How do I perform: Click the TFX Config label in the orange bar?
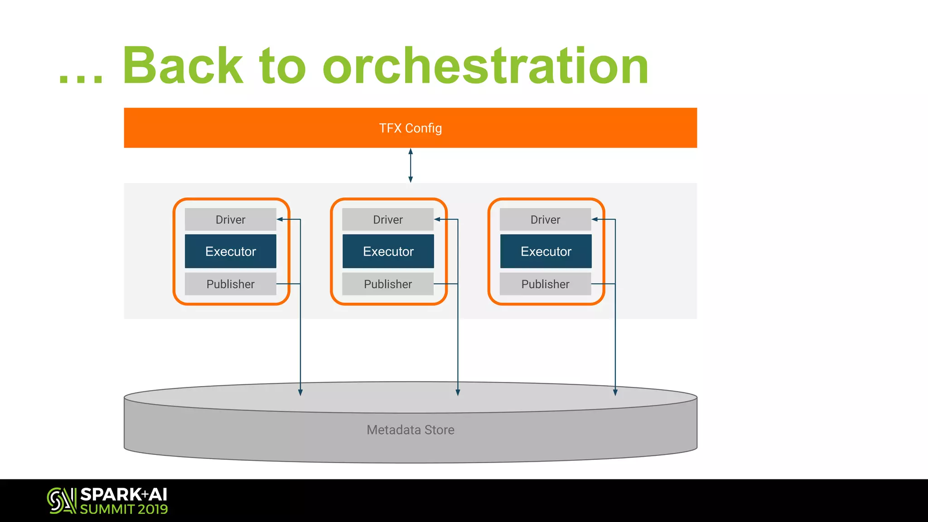410,128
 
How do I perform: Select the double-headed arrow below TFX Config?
411,165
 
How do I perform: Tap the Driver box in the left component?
230,220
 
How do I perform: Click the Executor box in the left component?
230,251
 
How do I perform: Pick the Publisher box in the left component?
230,284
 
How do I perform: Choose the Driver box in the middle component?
388,220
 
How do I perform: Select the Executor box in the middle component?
388,251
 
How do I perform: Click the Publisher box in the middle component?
388,284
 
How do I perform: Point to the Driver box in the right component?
545,220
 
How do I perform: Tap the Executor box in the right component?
546,251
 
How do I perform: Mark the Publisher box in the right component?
545,284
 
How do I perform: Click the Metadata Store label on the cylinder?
410,430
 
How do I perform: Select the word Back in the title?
183,66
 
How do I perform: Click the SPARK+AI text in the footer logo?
124,494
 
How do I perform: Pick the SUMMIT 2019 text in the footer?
124,509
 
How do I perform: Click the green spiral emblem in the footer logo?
61,501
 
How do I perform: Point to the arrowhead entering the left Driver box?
280,219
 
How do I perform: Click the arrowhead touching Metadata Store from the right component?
615,392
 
